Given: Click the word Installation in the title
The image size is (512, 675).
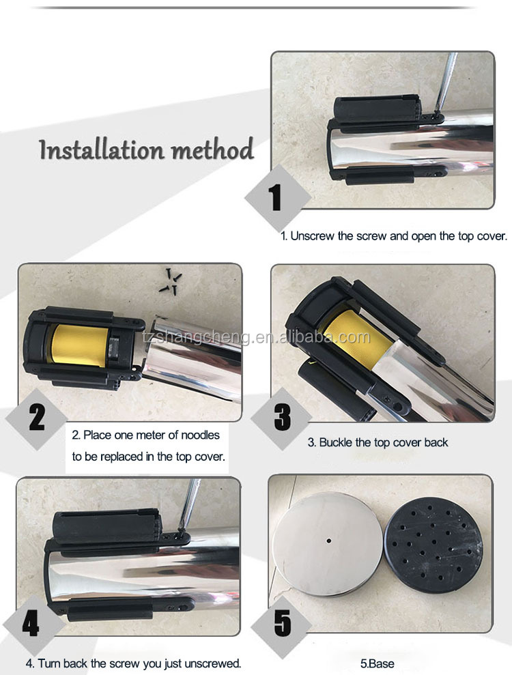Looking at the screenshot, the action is pyautogui.click(x=102, y=149).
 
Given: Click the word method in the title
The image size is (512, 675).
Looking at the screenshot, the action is pyautogui.click(x=212, y=149).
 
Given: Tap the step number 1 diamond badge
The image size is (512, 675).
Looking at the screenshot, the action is pyautogui.click(x=277, y=198).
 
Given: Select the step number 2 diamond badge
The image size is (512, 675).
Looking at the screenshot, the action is pyautogui.click(x=37, y=418).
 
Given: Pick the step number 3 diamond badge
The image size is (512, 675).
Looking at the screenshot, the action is pyautogui.click(x=282, y=417).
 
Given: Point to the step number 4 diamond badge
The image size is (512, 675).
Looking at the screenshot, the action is pyautogui.click(x=31, y=624).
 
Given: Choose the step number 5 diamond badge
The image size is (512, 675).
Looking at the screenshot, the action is pyautogui.click(x=282, y=623).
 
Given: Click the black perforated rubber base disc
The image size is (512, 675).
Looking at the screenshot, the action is pyautogui.click(x=433, y=545).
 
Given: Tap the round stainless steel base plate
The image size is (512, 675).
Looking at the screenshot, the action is pyautogui.click(x=327, y=544).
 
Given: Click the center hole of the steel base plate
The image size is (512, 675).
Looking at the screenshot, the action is pyautogui.click(x=329, y=541).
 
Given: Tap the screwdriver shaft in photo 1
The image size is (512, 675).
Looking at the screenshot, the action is pyautogui.click(x=445, y=82).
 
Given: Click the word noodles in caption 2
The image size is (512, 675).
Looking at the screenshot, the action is pyautogui.click(x=200, y=435).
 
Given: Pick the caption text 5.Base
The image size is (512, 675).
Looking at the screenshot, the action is pyautogui.click(x=378, y=664).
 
